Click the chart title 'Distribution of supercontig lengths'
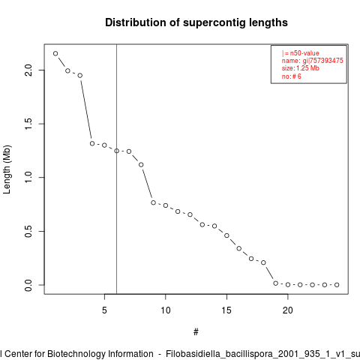pos(196,22)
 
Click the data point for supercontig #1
pos(55,53)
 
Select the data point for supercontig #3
pos(80,76)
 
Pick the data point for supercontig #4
pos(92,143)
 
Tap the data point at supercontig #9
pos(153,202)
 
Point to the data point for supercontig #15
pos(226,235)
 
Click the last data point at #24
pos(337,285)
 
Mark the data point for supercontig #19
pos(275,283)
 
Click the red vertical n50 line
pos(117,169)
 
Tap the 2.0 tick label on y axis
pos(28,70)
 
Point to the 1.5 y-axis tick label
pos(28,124)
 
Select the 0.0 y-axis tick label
pos(28,285)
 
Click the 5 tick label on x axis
pos(104,310)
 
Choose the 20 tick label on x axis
pos(288,310)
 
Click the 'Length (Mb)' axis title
pos(7,169)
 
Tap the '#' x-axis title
pos(196,332)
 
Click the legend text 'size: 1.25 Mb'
pos(301,68)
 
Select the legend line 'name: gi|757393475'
pos(313,61)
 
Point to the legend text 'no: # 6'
pos(292,76)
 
